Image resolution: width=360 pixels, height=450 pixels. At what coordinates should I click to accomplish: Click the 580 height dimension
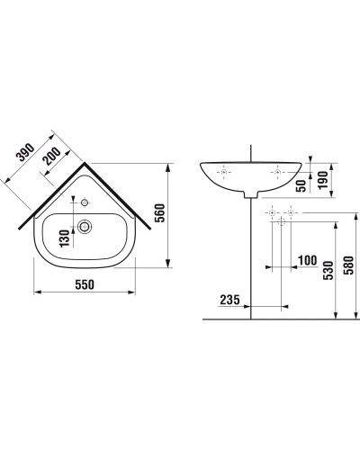click(347, 267)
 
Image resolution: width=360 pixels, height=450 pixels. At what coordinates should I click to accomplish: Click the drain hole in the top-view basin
click(86, 226)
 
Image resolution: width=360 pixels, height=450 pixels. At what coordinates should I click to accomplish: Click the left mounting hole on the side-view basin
click(224, 171)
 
